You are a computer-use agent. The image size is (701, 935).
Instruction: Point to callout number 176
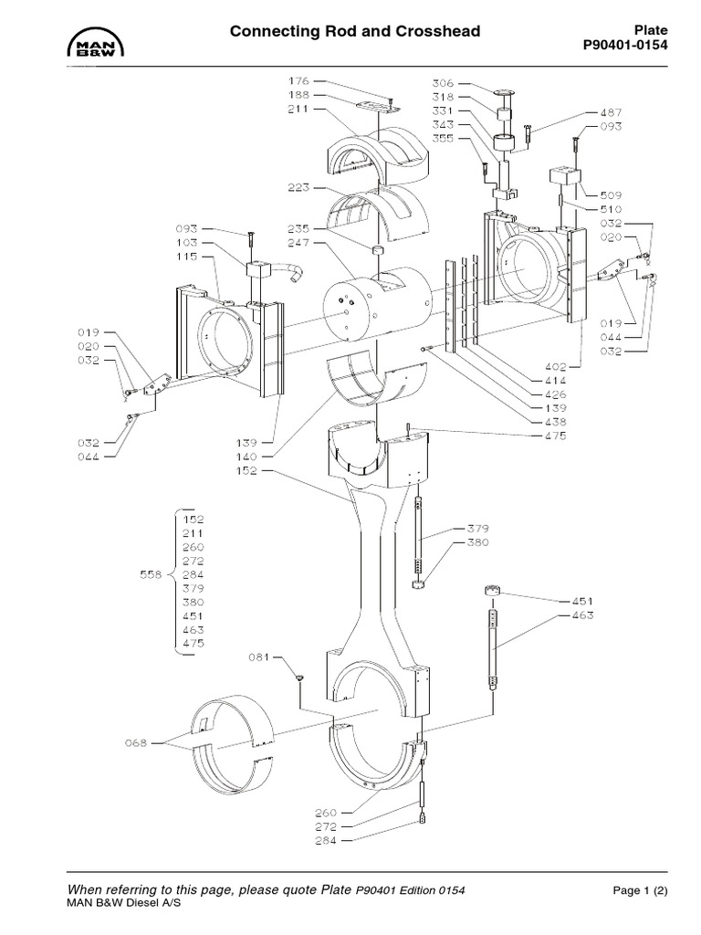coord(299,80)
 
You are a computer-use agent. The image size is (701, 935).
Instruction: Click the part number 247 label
coord(299,244)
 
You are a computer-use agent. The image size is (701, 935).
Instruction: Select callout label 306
coord(445,82)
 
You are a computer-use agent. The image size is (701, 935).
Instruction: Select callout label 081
coord(260,657)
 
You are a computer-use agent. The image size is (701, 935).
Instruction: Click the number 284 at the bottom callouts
coord(326,840)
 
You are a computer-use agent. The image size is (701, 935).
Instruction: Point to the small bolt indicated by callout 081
coord(299,677)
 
